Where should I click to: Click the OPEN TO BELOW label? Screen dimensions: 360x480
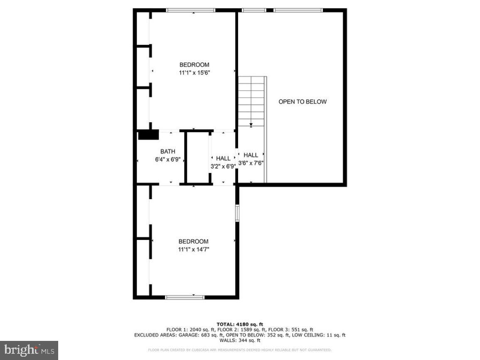[302, 102]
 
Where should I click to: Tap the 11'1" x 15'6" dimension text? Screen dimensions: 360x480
[194, 73]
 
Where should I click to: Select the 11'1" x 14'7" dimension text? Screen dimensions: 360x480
[194, 249]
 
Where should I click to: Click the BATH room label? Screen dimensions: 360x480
[167, 152]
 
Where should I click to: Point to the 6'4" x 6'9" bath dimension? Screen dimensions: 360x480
[167, 159]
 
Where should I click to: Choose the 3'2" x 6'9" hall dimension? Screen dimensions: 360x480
[223, 166]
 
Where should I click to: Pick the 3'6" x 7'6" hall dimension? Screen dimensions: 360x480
[251, 163]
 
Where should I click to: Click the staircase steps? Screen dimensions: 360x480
[251, 100]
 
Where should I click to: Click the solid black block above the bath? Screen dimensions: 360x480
[148, 135]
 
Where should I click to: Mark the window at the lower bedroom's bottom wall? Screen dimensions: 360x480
[185, 297]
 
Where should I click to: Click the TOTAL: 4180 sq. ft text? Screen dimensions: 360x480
[240, 324]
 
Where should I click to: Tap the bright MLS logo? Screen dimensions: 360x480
[29, 350]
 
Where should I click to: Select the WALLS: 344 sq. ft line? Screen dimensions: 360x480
[240, 340]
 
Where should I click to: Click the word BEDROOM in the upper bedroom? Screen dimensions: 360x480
[194, 65]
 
